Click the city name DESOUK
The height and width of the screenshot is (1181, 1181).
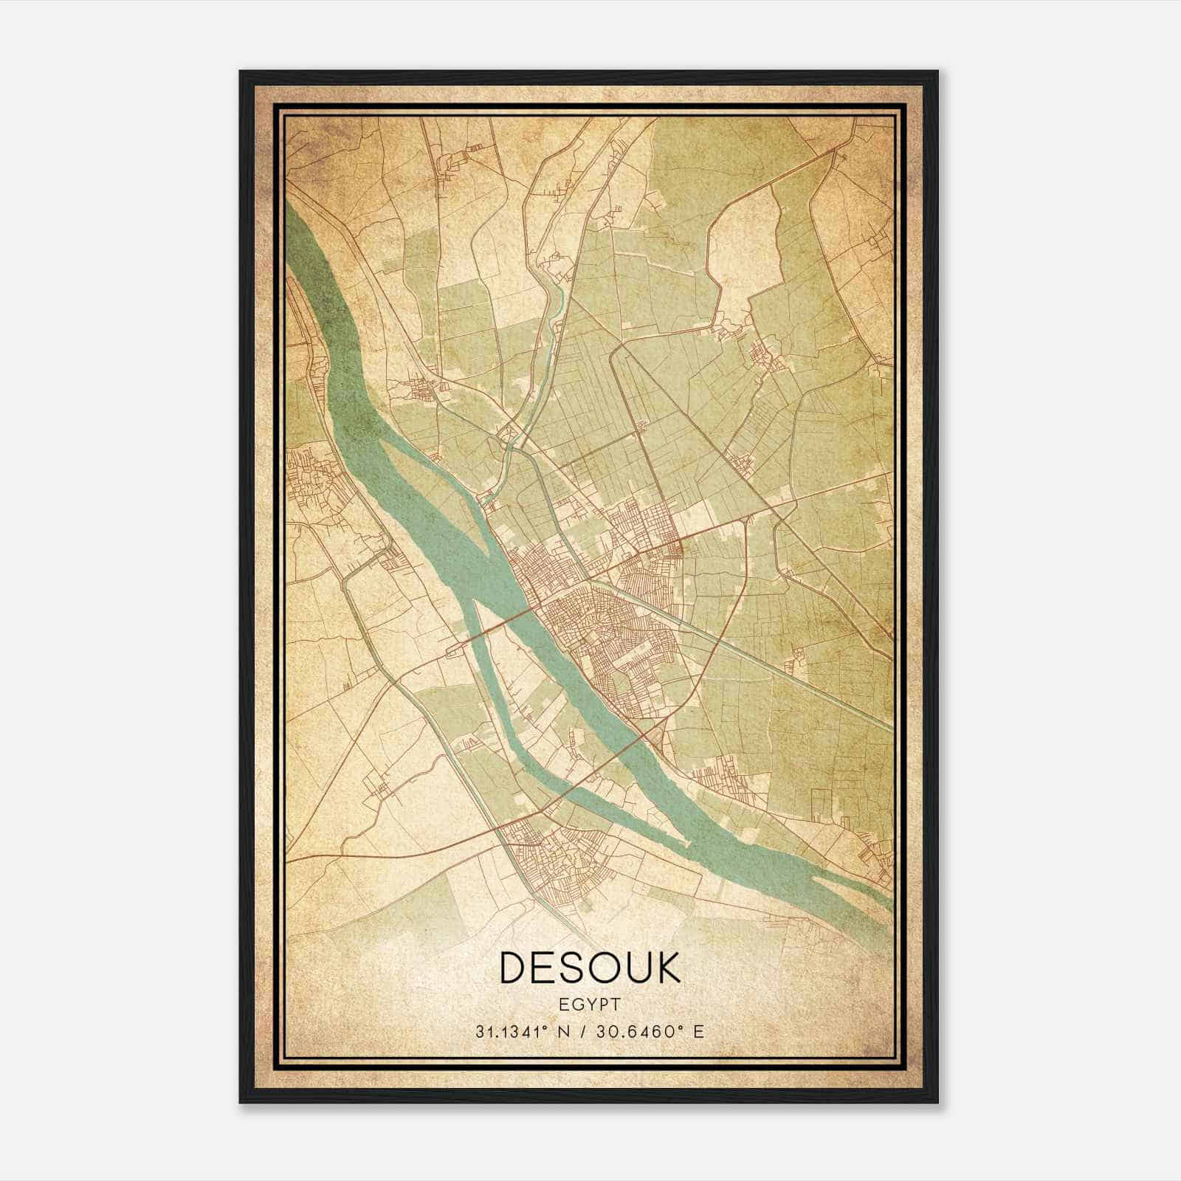[x=590, y=967]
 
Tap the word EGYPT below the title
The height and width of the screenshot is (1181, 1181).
[x=590, y=1005]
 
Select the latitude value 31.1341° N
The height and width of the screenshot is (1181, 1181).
[x=523, y=1031]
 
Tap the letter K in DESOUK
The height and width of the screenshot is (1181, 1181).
[x=667, y=967]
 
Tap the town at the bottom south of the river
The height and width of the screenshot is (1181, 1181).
[x=550, y=860]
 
